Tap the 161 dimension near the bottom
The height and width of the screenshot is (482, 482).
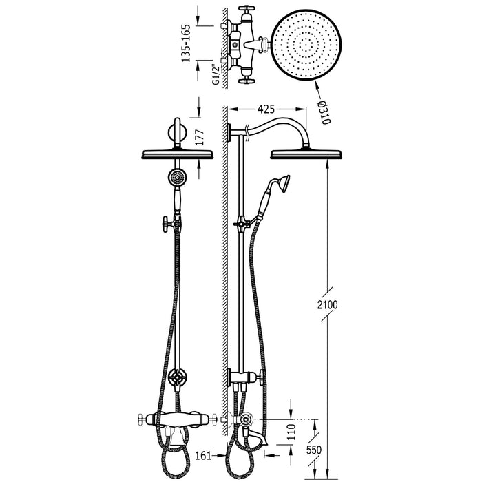click(201, 455)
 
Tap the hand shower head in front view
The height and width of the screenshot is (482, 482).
click(177, 178)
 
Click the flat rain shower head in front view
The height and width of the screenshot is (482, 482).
click(176, 154)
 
